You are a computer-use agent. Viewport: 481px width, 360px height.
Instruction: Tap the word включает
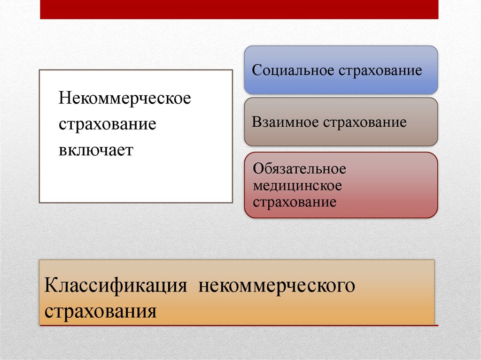pyautogui.click(x=96, y=150)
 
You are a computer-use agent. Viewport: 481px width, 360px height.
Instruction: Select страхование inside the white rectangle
pyautogui.click(x=107, y=125)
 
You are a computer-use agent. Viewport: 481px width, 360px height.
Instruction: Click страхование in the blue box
pyautogui.click(x=379, y=71)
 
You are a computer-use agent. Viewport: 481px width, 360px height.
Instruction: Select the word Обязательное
pyautogui.click(x=299, y=169)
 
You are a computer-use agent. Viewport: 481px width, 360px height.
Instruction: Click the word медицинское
pyautogui.click(x=297, y=186)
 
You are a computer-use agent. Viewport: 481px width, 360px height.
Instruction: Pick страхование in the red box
pyautogui.click(x=295, y=202)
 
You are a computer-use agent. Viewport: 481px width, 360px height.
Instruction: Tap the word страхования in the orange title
pyautogui.click(x=101, y=311)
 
